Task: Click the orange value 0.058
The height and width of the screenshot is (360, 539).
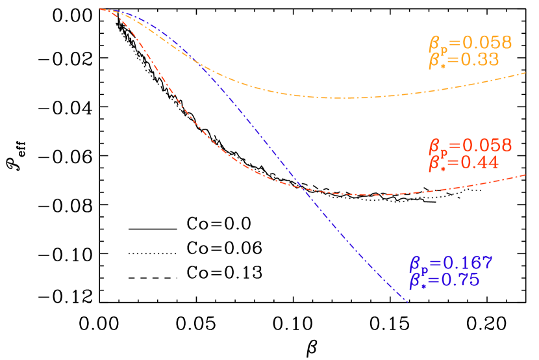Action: [487, 44]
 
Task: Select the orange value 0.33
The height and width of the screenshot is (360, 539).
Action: [480, 60]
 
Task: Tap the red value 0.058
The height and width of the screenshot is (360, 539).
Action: [487, 146]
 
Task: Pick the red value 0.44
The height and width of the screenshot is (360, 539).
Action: [480, 162]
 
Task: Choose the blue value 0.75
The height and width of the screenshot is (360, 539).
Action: [460, 280]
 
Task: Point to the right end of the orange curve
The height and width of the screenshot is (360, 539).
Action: [525, 73]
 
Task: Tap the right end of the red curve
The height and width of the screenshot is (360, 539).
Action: [525, 175]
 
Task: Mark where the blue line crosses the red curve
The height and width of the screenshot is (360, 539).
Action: [302, 188]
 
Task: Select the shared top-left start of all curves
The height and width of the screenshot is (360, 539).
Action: [102, 10]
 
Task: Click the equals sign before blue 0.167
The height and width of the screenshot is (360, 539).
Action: [434, 264]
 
